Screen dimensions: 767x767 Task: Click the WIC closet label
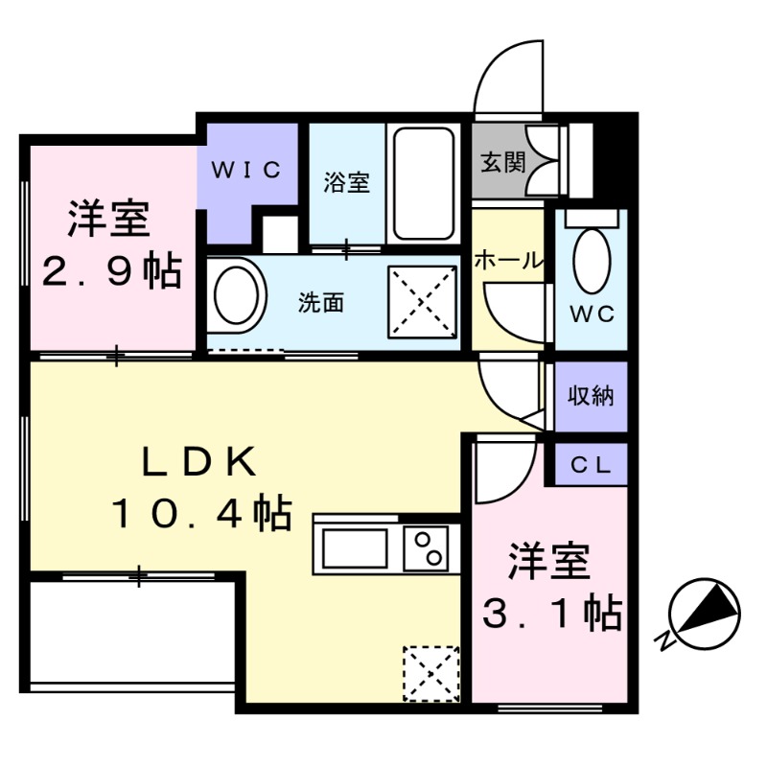tap(245, 172)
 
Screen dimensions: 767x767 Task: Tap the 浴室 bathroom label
tap(346, 182)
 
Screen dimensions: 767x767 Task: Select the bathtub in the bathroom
tap(423, 182)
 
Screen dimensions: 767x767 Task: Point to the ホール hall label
tap(509, 261)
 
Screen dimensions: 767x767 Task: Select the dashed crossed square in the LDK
tap(431, 673)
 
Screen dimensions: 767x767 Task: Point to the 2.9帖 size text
tap(109, 272)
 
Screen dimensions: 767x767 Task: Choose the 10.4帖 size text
tap(201, 516)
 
